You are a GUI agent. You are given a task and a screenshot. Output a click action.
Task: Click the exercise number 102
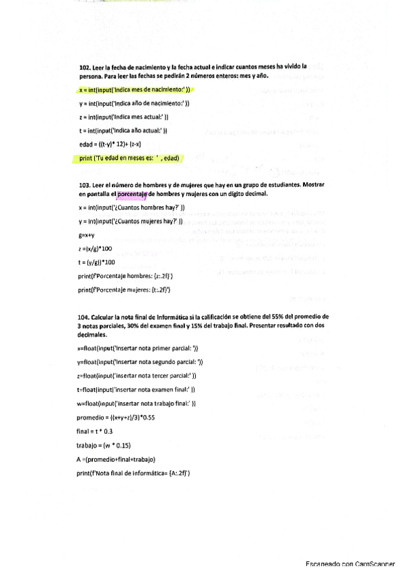[85, 67]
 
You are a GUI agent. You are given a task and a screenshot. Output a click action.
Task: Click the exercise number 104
[85, 316]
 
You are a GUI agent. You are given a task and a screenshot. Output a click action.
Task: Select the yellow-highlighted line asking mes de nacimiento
[135, 89]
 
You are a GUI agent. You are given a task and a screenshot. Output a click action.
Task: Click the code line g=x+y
[88, 235]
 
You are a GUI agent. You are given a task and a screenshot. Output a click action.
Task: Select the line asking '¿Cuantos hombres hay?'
[131, 207]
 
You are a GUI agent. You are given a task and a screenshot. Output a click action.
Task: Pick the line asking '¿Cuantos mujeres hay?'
[130, 221]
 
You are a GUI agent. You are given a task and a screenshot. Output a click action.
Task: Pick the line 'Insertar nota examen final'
[136, 390]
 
